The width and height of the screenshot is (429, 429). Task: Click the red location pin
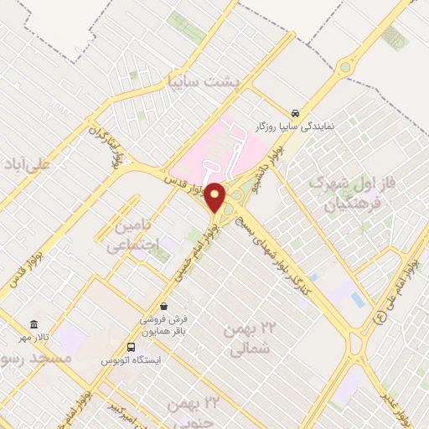pyautogui.click(x=216, y=197)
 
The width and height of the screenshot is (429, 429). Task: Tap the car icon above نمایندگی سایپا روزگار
pyautogui.click(x=295, y=112)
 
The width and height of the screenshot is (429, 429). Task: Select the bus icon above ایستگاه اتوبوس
pyautogui.click(x=131, y=347)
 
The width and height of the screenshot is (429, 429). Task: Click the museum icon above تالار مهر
pyautogui.click(x=34, y=324)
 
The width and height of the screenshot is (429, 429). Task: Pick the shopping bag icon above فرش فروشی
pyautogui.click(x=163, y=306)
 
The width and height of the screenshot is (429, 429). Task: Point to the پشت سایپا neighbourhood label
pyautogui.click(x=204, y=82)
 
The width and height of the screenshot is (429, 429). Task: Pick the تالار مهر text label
pyautogui.click(x=34, y=338)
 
